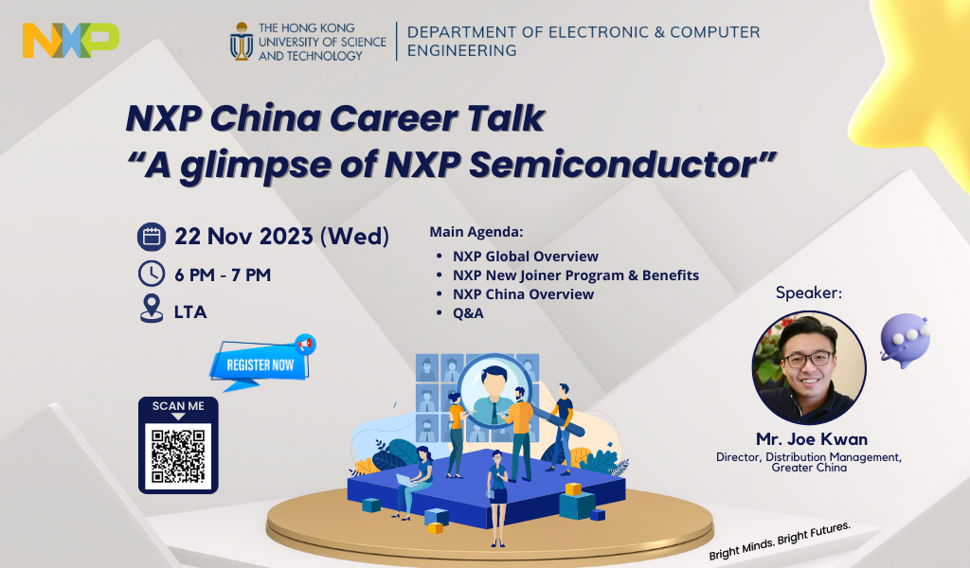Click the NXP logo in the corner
[70, 40]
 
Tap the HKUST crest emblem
[242, 42]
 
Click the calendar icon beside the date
[152, 237]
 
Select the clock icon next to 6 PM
[152, 274]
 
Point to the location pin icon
[152, 309]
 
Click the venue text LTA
[190, 312]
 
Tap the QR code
[178, 456]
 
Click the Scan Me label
[178, 406]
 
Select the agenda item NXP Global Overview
[525, 257]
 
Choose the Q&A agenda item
[468, 313]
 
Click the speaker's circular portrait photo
[809, 367]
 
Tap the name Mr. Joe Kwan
[812, 439]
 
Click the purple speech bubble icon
[905, 341]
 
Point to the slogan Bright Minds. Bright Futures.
[781, 541]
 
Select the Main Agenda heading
[476, 232]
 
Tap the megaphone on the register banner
[306, 345]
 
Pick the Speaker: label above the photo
[809, 293]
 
